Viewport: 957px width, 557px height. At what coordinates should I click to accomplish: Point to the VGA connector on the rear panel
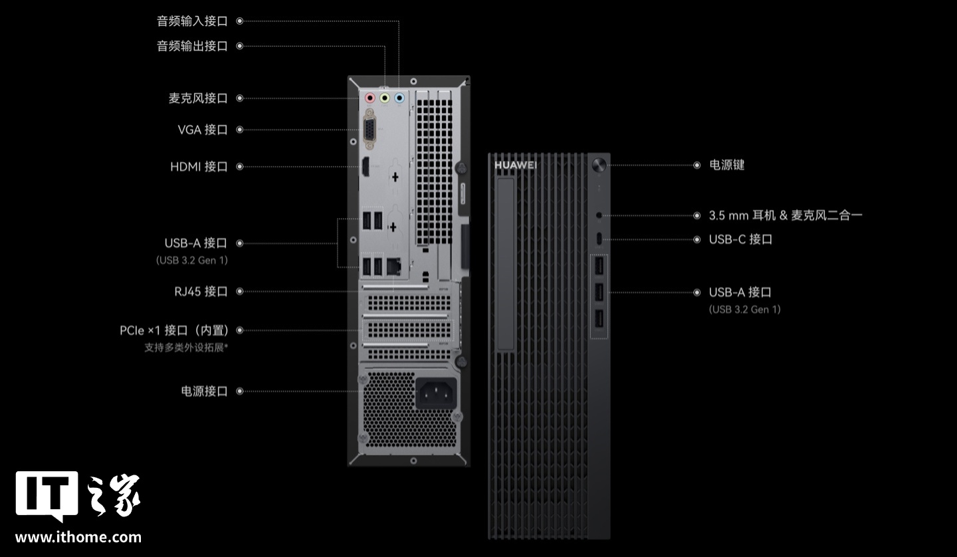(369, 130)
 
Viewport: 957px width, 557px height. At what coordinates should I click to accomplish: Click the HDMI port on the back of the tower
(365, 167)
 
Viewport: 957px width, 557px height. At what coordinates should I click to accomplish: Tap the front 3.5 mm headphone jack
(599, 215)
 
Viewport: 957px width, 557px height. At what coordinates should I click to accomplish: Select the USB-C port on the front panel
(599, 239)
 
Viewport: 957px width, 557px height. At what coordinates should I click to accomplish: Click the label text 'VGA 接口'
(202, 130)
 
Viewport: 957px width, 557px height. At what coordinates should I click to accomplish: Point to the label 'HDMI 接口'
(199, 166)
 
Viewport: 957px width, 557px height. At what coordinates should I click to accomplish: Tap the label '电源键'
(726, 165)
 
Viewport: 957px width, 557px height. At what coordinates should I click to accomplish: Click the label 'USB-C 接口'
(740, 239)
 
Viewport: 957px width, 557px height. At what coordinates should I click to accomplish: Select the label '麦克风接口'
(198, 98)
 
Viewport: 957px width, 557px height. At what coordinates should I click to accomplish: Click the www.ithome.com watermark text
(78, 537)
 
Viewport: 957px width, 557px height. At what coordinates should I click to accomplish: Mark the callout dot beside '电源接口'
(240, 391)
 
